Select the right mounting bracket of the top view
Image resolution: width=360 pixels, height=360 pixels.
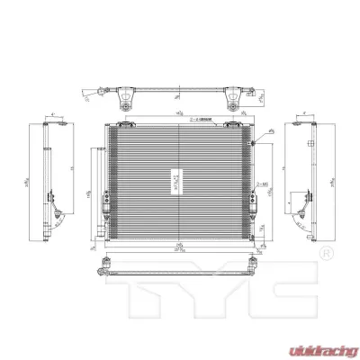pos(233,93)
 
